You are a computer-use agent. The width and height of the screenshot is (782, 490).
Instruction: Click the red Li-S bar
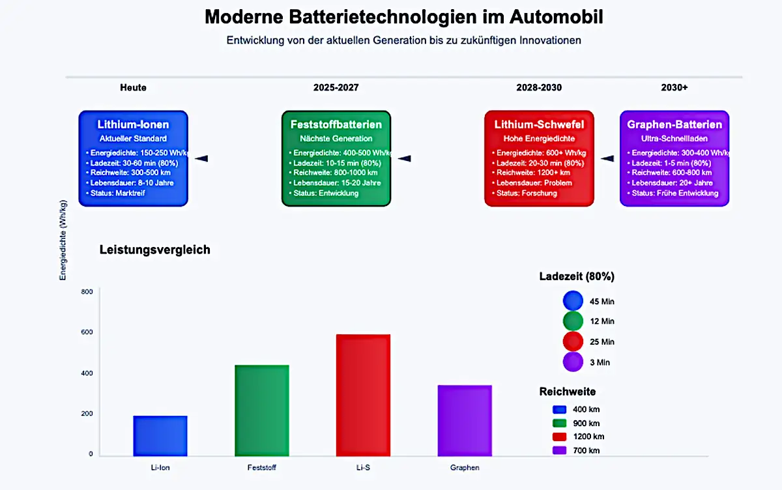363,395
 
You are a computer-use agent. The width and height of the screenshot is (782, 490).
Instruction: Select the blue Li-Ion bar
160,435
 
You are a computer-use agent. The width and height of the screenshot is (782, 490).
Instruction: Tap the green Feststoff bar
261,410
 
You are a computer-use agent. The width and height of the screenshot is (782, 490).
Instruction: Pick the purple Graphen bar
464,420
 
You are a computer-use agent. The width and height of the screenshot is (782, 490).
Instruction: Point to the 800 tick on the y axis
87,292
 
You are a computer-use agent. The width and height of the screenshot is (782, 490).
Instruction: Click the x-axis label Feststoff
261,467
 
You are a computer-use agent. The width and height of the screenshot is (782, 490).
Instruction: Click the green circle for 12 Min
573,321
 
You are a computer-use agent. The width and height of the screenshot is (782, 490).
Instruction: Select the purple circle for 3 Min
573,362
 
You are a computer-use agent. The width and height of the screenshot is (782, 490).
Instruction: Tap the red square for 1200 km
559,437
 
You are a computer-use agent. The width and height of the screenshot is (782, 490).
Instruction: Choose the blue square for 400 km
559,409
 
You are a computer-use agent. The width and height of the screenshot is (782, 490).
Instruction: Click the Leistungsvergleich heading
154,250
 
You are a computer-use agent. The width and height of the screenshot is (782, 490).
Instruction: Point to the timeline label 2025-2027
336,87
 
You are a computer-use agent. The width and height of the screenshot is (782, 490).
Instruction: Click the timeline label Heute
133,87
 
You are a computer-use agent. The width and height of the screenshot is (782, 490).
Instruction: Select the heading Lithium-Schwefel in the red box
539,124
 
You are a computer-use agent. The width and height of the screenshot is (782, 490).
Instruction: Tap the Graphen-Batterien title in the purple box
674,124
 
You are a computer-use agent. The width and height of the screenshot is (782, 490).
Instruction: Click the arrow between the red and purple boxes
607,158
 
